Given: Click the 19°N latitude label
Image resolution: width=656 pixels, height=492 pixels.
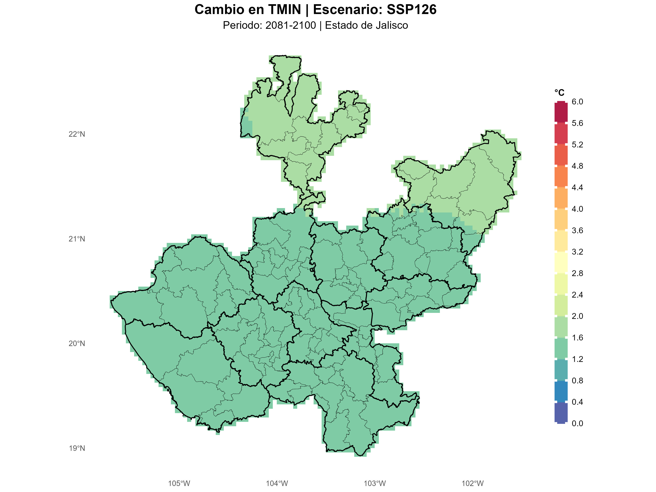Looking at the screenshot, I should (x=77, y=448).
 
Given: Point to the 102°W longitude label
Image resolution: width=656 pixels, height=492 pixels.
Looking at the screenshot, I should (x=473, y=483).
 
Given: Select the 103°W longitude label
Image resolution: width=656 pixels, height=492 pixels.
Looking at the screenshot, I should (x=375, y=483).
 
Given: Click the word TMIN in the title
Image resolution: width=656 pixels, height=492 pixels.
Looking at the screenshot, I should (x=285, y=9).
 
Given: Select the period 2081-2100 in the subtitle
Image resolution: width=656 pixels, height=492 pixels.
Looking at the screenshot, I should (x=291, y=26).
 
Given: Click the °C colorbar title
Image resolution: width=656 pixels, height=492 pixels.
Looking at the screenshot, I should (x=559, y=93).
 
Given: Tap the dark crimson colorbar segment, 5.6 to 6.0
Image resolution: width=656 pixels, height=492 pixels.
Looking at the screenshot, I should (x=561, y=112).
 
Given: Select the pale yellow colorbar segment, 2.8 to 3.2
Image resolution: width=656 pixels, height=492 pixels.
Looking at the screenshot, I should (x=561, y=262).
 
